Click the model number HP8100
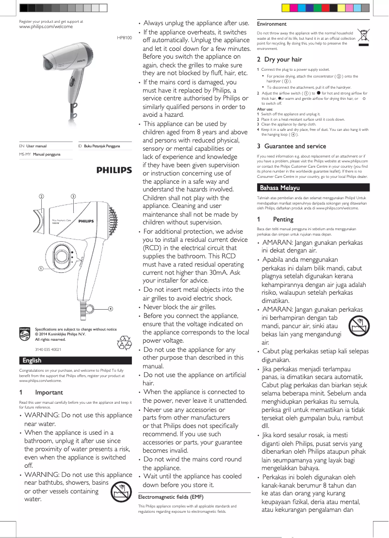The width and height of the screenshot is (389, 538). pos(124,37)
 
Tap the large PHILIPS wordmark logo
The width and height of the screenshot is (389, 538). pos(114,170)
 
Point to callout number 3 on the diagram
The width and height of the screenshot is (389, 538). pos(72,196)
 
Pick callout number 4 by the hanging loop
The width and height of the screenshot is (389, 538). pos(111,309)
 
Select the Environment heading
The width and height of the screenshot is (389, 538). pos(272,24)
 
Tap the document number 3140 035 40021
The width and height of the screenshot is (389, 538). pos(48,349)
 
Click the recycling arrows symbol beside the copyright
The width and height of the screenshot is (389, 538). pos(124,343)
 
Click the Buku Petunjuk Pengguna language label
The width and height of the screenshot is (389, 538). pos(102,146)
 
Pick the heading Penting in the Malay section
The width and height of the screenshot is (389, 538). pos(283,220)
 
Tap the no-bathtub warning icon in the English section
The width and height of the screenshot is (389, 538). pos(120,492)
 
